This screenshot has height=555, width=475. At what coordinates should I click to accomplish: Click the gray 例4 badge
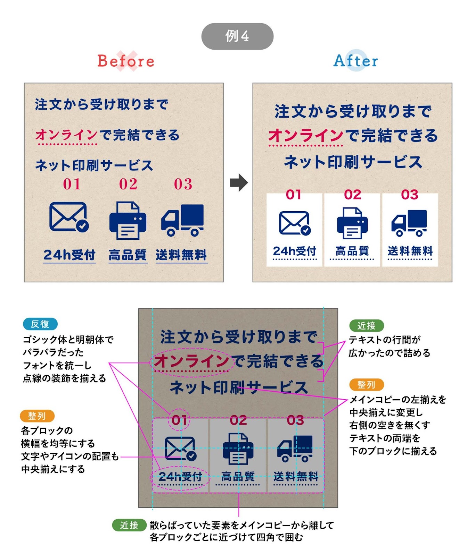(x=237, y=36)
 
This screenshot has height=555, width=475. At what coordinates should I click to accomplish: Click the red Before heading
(x=126, y=61)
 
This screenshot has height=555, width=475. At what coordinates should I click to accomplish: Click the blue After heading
(x=355, y=61)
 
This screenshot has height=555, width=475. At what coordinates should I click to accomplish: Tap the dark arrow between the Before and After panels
(x=239, y=182)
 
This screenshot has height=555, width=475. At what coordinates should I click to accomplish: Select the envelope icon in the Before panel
(x=69, y=217)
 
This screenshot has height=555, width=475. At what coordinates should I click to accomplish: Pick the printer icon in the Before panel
(x=128, y=221)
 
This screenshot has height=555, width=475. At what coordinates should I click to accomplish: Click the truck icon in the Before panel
(x=183, y=220)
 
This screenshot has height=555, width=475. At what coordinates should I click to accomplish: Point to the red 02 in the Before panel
(x=128, y=184)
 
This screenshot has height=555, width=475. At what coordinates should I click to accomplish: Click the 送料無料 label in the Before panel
(x=181, y=255)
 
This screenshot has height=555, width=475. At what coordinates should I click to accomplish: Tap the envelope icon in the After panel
(x=295, y=223)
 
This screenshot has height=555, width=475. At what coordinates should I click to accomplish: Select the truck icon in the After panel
(x=409, y=223)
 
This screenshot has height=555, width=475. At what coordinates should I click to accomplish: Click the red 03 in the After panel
(x=410, y=195)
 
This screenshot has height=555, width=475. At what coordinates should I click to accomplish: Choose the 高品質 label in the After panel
(x=352, y=251)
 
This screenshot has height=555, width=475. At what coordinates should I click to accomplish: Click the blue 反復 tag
(x=40, y=324)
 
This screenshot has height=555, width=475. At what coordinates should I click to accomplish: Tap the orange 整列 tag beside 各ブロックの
(x=37, y=416)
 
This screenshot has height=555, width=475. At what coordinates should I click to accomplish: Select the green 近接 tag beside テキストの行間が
(x=366, y=326)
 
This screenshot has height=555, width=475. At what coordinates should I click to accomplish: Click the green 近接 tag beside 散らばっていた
(x=129, y=525)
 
